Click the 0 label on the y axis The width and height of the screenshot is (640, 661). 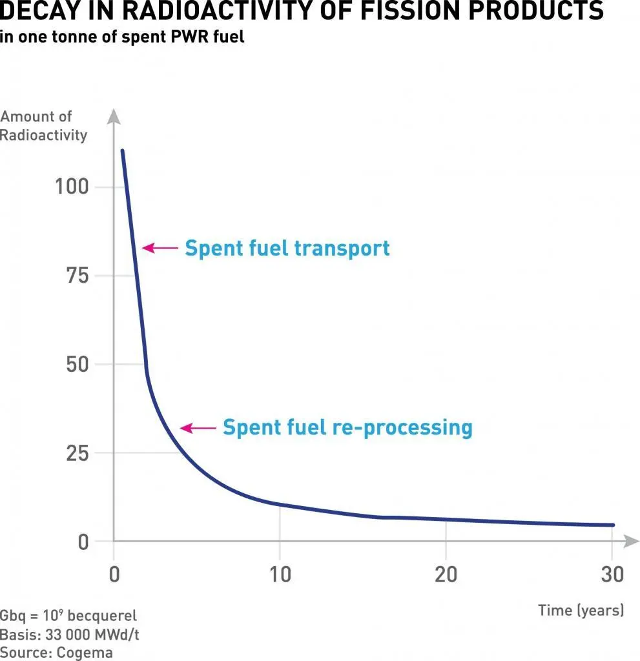point(83,542)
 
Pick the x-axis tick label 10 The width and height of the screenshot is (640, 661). point(280,574)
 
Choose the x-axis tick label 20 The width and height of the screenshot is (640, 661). point(446,574)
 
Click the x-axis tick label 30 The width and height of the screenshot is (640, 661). point(611,574)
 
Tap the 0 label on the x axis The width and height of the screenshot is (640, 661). point(114,574)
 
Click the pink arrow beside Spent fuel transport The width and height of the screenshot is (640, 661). point(160,247)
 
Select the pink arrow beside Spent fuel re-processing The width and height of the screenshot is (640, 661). point(198,427)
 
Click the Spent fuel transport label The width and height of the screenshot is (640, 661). point(287,248)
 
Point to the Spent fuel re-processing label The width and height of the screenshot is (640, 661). point(347,427)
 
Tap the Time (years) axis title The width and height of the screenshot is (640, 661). point(581,610)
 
